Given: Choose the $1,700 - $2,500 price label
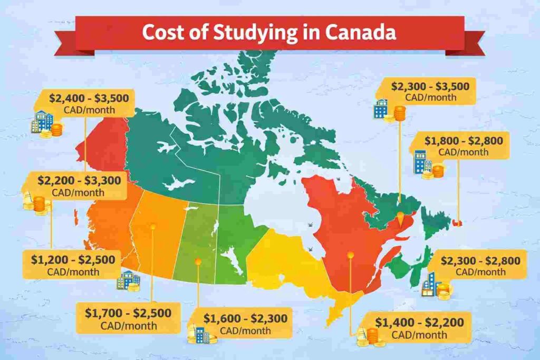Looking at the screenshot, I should click(x=128, y=313).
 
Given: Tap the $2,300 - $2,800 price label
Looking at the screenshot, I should click(x=480, y=260).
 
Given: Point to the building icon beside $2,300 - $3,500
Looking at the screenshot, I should click(x=381, y=108).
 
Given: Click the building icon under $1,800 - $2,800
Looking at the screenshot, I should click(x=420, y=162).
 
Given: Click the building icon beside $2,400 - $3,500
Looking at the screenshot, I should click(x=41, y=122).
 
